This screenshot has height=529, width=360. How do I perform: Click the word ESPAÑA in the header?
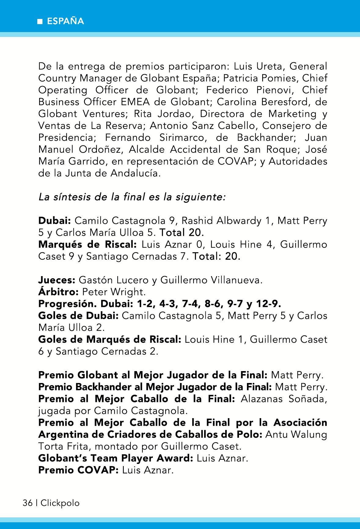[65, 21]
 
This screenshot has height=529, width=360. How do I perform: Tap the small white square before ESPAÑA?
[39, 22]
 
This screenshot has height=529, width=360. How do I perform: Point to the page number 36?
[28, 503]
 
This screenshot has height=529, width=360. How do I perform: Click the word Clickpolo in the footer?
[60, 503]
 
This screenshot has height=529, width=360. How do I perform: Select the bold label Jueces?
[57, 280]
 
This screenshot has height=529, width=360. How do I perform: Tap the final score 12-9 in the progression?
[268, 304]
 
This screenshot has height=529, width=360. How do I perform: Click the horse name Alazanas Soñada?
[284, 399]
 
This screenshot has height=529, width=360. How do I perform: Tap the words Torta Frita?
[64, 447]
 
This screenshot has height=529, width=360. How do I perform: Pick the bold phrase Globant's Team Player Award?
[116, 458]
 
